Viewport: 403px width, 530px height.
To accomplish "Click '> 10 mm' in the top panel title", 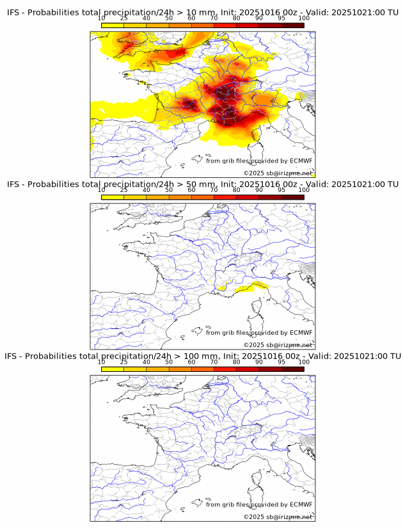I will [x=194, y=12].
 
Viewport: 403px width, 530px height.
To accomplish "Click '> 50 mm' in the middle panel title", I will [x=194, y=184].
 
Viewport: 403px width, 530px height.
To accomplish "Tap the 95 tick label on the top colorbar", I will [x=281, y=18].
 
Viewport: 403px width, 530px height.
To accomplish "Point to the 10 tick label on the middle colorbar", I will [x=101, y=190].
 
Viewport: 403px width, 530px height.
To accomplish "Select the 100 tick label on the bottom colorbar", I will [x=304, y=362].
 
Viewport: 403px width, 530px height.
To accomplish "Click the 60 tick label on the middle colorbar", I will [x=191, y=190].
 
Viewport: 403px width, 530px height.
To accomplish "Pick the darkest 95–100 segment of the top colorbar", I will [x=292, y=25].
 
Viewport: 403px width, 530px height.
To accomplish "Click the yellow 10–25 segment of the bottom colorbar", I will [x=113, y=369].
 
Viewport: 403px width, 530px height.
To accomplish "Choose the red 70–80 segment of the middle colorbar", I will [x=225, y=197].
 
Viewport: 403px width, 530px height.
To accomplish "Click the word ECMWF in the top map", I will [x=301, y=161].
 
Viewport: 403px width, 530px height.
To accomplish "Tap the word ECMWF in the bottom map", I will [x=301, y=504].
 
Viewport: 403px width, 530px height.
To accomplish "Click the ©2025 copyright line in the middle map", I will [x=278, y=345].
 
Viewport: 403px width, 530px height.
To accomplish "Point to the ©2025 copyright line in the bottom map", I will [x=278, y=517].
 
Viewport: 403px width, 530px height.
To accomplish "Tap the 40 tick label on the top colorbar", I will [x=146, y=18].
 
